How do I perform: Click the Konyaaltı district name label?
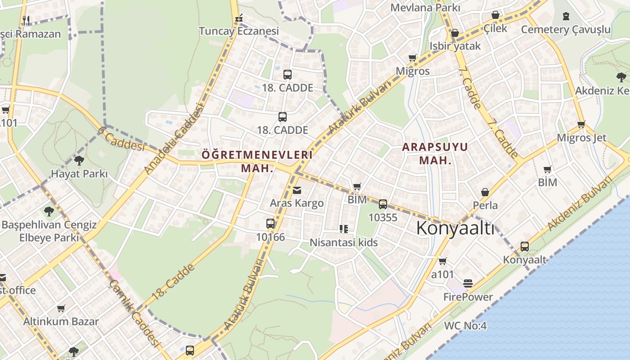tap(455, 229)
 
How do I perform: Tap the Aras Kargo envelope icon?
tap(297, 190)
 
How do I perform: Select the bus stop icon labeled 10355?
tap(383, 204)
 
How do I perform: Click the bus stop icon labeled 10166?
tap(270, 224)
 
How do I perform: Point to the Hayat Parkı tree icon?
tap(79, 161)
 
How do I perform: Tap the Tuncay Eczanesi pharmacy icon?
tap(239, 18)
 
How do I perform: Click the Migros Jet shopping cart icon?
tap(581, 125)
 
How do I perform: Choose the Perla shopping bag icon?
tap(485, 192)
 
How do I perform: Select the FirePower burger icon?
tap(468, 283)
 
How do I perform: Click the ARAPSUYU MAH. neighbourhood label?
tap(435, 153)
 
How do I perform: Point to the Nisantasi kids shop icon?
tap(344, 229)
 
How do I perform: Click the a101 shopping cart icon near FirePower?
tap(443, 261)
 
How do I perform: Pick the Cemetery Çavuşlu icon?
tap(566, 16)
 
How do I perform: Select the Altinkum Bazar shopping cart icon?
tap(61, 309)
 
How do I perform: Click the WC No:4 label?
tap(465, 326)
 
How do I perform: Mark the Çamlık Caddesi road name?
tap(135, 313)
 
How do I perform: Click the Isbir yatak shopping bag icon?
tap(455, 33)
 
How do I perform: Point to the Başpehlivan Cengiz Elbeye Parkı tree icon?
tap(49, 211)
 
